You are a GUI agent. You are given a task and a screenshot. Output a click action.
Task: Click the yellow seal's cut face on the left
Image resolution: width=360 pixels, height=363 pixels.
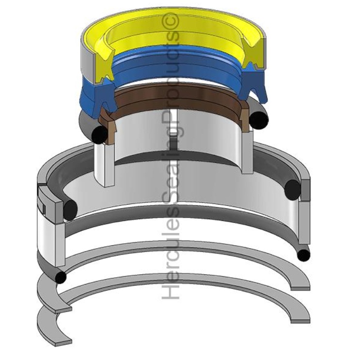(x=97, y=61)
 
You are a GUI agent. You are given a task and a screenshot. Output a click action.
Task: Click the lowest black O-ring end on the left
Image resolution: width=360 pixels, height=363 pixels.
(x=61, y=278)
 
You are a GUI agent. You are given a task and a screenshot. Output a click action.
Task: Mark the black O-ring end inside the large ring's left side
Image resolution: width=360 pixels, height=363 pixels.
(x=70, y=209)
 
